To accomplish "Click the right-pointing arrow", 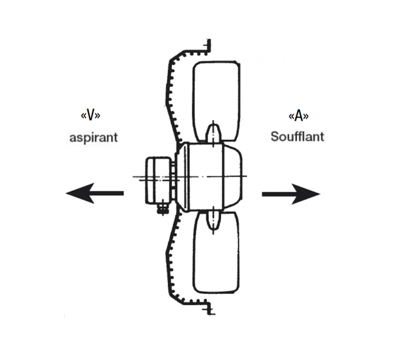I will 290,193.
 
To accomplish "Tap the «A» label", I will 299,116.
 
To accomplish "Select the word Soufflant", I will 297,136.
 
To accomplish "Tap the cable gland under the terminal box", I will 162,206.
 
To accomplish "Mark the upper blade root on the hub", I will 214,133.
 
